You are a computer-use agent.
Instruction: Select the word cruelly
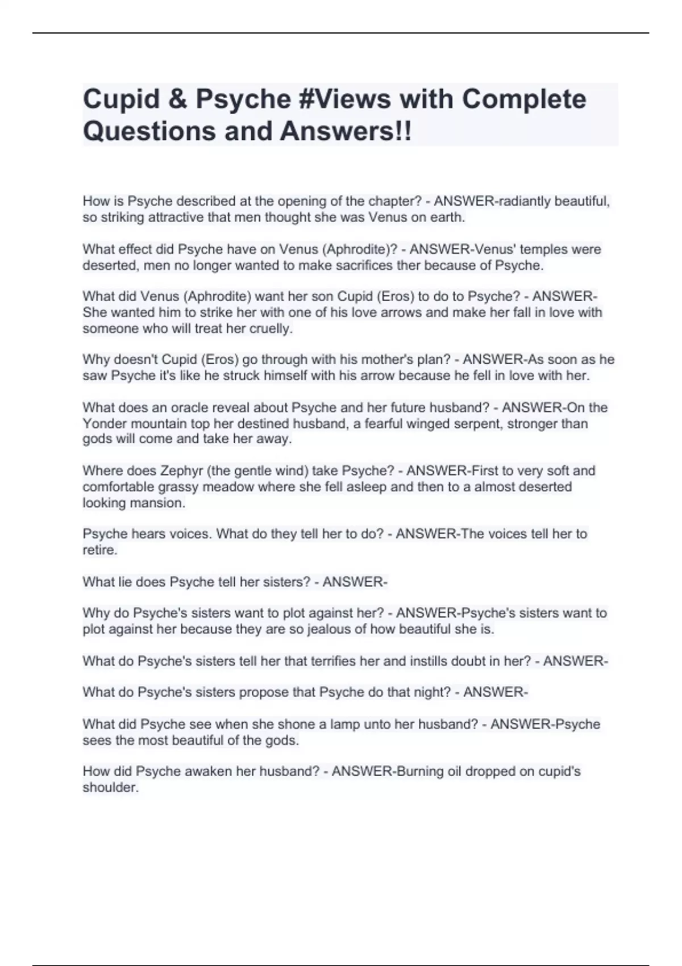point(270,328)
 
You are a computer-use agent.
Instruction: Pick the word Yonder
point(105,423)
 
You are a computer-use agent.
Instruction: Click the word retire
point(99,549)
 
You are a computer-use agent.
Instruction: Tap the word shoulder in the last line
point(110,787)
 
